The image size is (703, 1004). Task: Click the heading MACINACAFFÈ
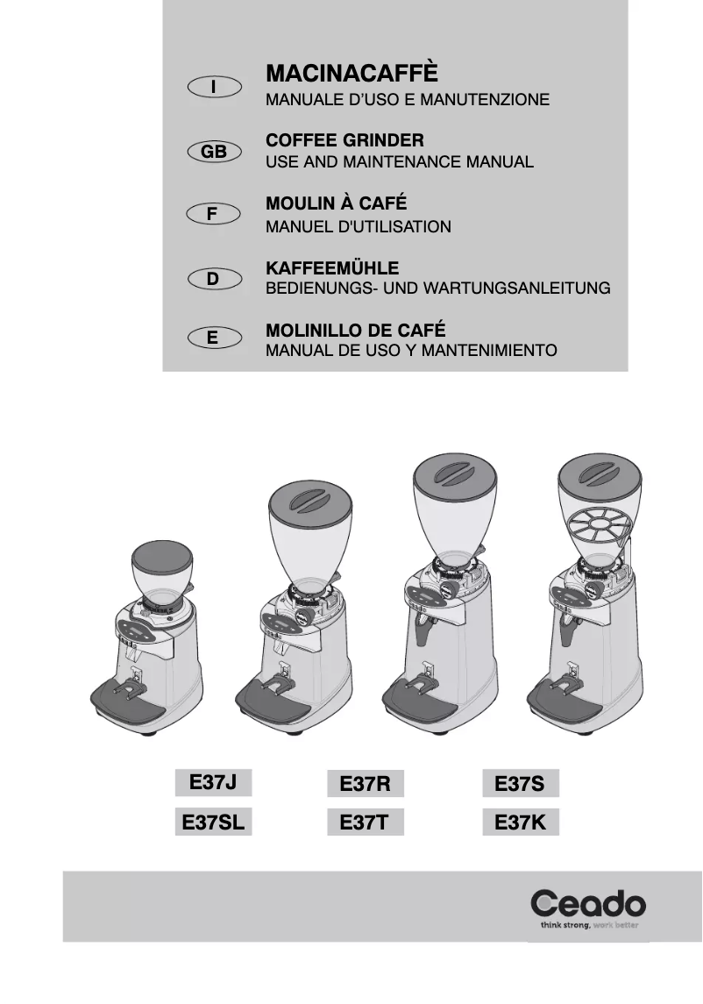[x=351, y=73]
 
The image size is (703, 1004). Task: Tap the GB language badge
[x=214, y=152]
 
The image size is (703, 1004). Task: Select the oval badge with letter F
[x=214, y=214]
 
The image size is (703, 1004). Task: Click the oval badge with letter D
[x=214, y=279]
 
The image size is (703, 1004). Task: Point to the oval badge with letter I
[x=214, y=87]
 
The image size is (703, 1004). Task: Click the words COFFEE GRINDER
[x=344, y=140]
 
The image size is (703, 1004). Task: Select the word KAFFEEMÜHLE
[x=332, y=267]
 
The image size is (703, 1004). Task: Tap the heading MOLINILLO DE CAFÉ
[x=355, y=331]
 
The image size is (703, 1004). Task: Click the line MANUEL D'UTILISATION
[x=358, y=227]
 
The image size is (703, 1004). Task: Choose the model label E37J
[x=214, y=780]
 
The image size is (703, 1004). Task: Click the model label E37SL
[x=214, y=822]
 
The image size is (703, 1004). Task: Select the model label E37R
[x=365, y=784]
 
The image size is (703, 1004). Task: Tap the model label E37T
[x=365, y=824]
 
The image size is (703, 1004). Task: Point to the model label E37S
[x=520, y=783]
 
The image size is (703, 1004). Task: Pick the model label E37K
[x=520, y=822]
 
